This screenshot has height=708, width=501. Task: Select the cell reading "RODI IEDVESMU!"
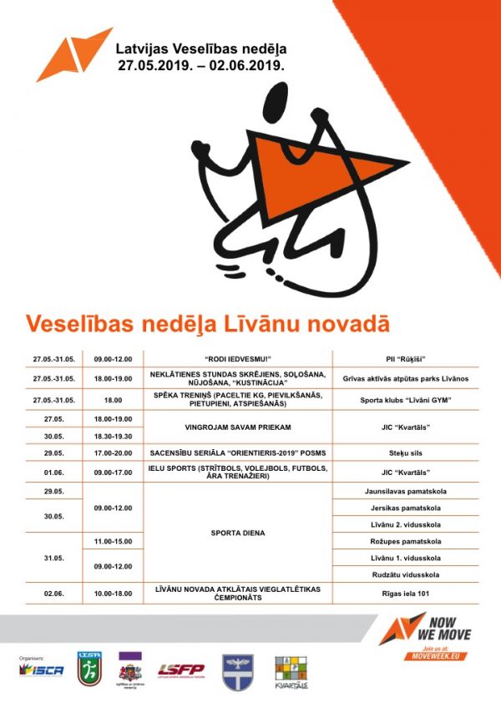(239, 359)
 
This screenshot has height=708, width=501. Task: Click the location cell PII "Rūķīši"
(405, 359)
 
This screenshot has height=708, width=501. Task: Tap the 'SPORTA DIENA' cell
(239, 532)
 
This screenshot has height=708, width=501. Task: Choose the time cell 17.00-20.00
(114, 453)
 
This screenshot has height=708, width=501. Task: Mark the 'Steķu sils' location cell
(405, 453)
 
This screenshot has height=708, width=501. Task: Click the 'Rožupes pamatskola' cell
(405, 541)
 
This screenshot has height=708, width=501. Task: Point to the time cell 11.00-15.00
(114, 541)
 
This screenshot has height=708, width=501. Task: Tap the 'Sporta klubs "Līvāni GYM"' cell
(405, 400)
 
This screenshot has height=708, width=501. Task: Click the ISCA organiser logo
(42, 670)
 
